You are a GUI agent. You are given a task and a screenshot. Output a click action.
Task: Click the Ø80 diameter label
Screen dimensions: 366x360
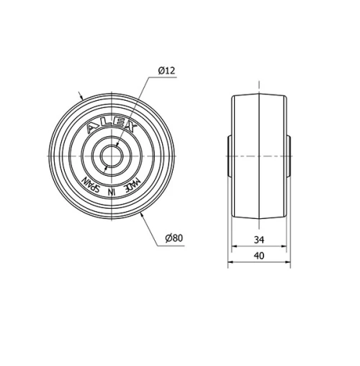(175, 238)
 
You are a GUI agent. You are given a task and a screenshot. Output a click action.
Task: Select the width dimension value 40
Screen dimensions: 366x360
(259, 255)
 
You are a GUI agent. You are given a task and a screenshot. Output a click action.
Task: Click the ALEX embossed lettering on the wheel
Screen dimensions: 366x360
(110, 128)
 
